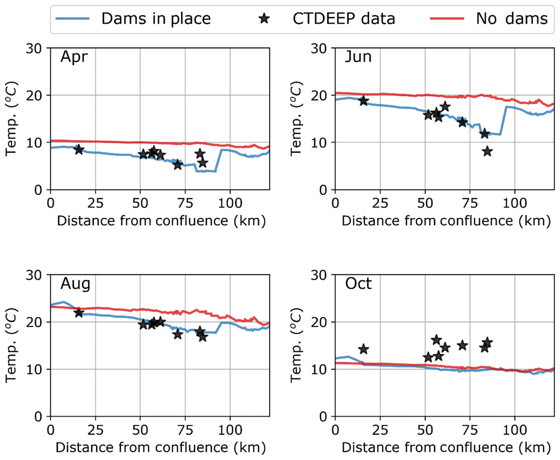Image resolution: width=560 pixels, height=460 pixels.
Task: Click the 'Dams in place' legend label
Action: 156,19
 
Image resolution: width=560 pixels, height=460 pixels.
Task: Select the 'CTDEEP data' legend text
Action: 344,19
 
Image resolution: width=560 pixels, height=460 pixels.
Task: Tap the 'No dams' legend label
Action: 512,19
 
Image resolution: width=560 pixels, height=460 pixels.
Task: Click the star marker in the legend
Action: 264,19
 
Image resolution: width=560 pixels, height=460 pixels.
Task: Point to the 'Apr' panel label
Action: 74,57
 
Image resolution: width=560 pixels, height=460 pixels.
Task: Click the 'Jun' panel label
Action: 358,57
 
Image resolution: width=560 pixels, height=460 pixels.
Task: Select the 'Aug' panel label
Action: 75,284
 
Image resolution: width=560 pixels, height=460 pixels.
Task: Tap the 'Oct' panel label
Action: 358,284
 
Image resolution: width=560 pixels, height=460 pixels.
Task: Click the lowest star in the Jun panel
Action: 487,151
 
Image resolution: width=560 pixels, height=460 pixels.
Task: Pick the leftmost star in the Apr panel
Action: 79,149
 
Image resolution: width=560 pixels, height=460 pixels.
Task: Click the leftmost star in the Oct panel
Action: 364,349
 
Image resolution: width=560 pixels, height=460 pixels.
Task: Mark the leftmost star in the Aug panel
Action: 79,313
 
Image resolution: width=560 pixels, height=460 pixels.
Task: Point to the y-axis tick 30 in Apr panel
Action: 34,49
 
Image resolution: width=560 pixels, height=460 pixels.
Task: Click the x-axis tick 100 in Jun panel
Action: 515,203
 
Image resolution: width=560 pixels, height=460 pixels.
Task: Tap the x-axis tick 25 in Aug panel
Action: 95,430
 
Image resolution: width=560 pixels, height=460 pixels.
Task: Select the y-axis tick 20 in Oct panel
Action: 319,322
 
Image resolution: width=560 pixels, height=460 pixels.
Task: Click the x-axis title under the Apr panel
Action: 161,221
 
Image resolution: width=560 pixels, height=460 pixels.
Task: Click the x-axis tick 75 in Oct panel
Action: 470,430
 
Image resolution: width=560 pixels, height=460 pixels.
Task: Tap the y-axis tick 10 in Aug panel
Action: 34,369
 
